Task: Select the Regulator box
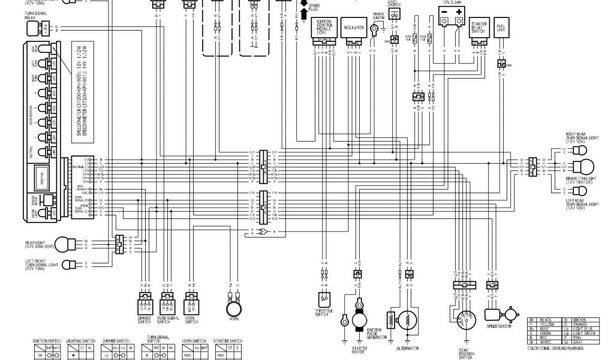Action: [353, 28]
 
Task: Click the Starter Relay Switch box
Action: [478, 26]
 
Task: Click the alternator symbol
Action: [408, 323]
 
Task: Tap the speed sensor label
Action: [499, 327]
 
